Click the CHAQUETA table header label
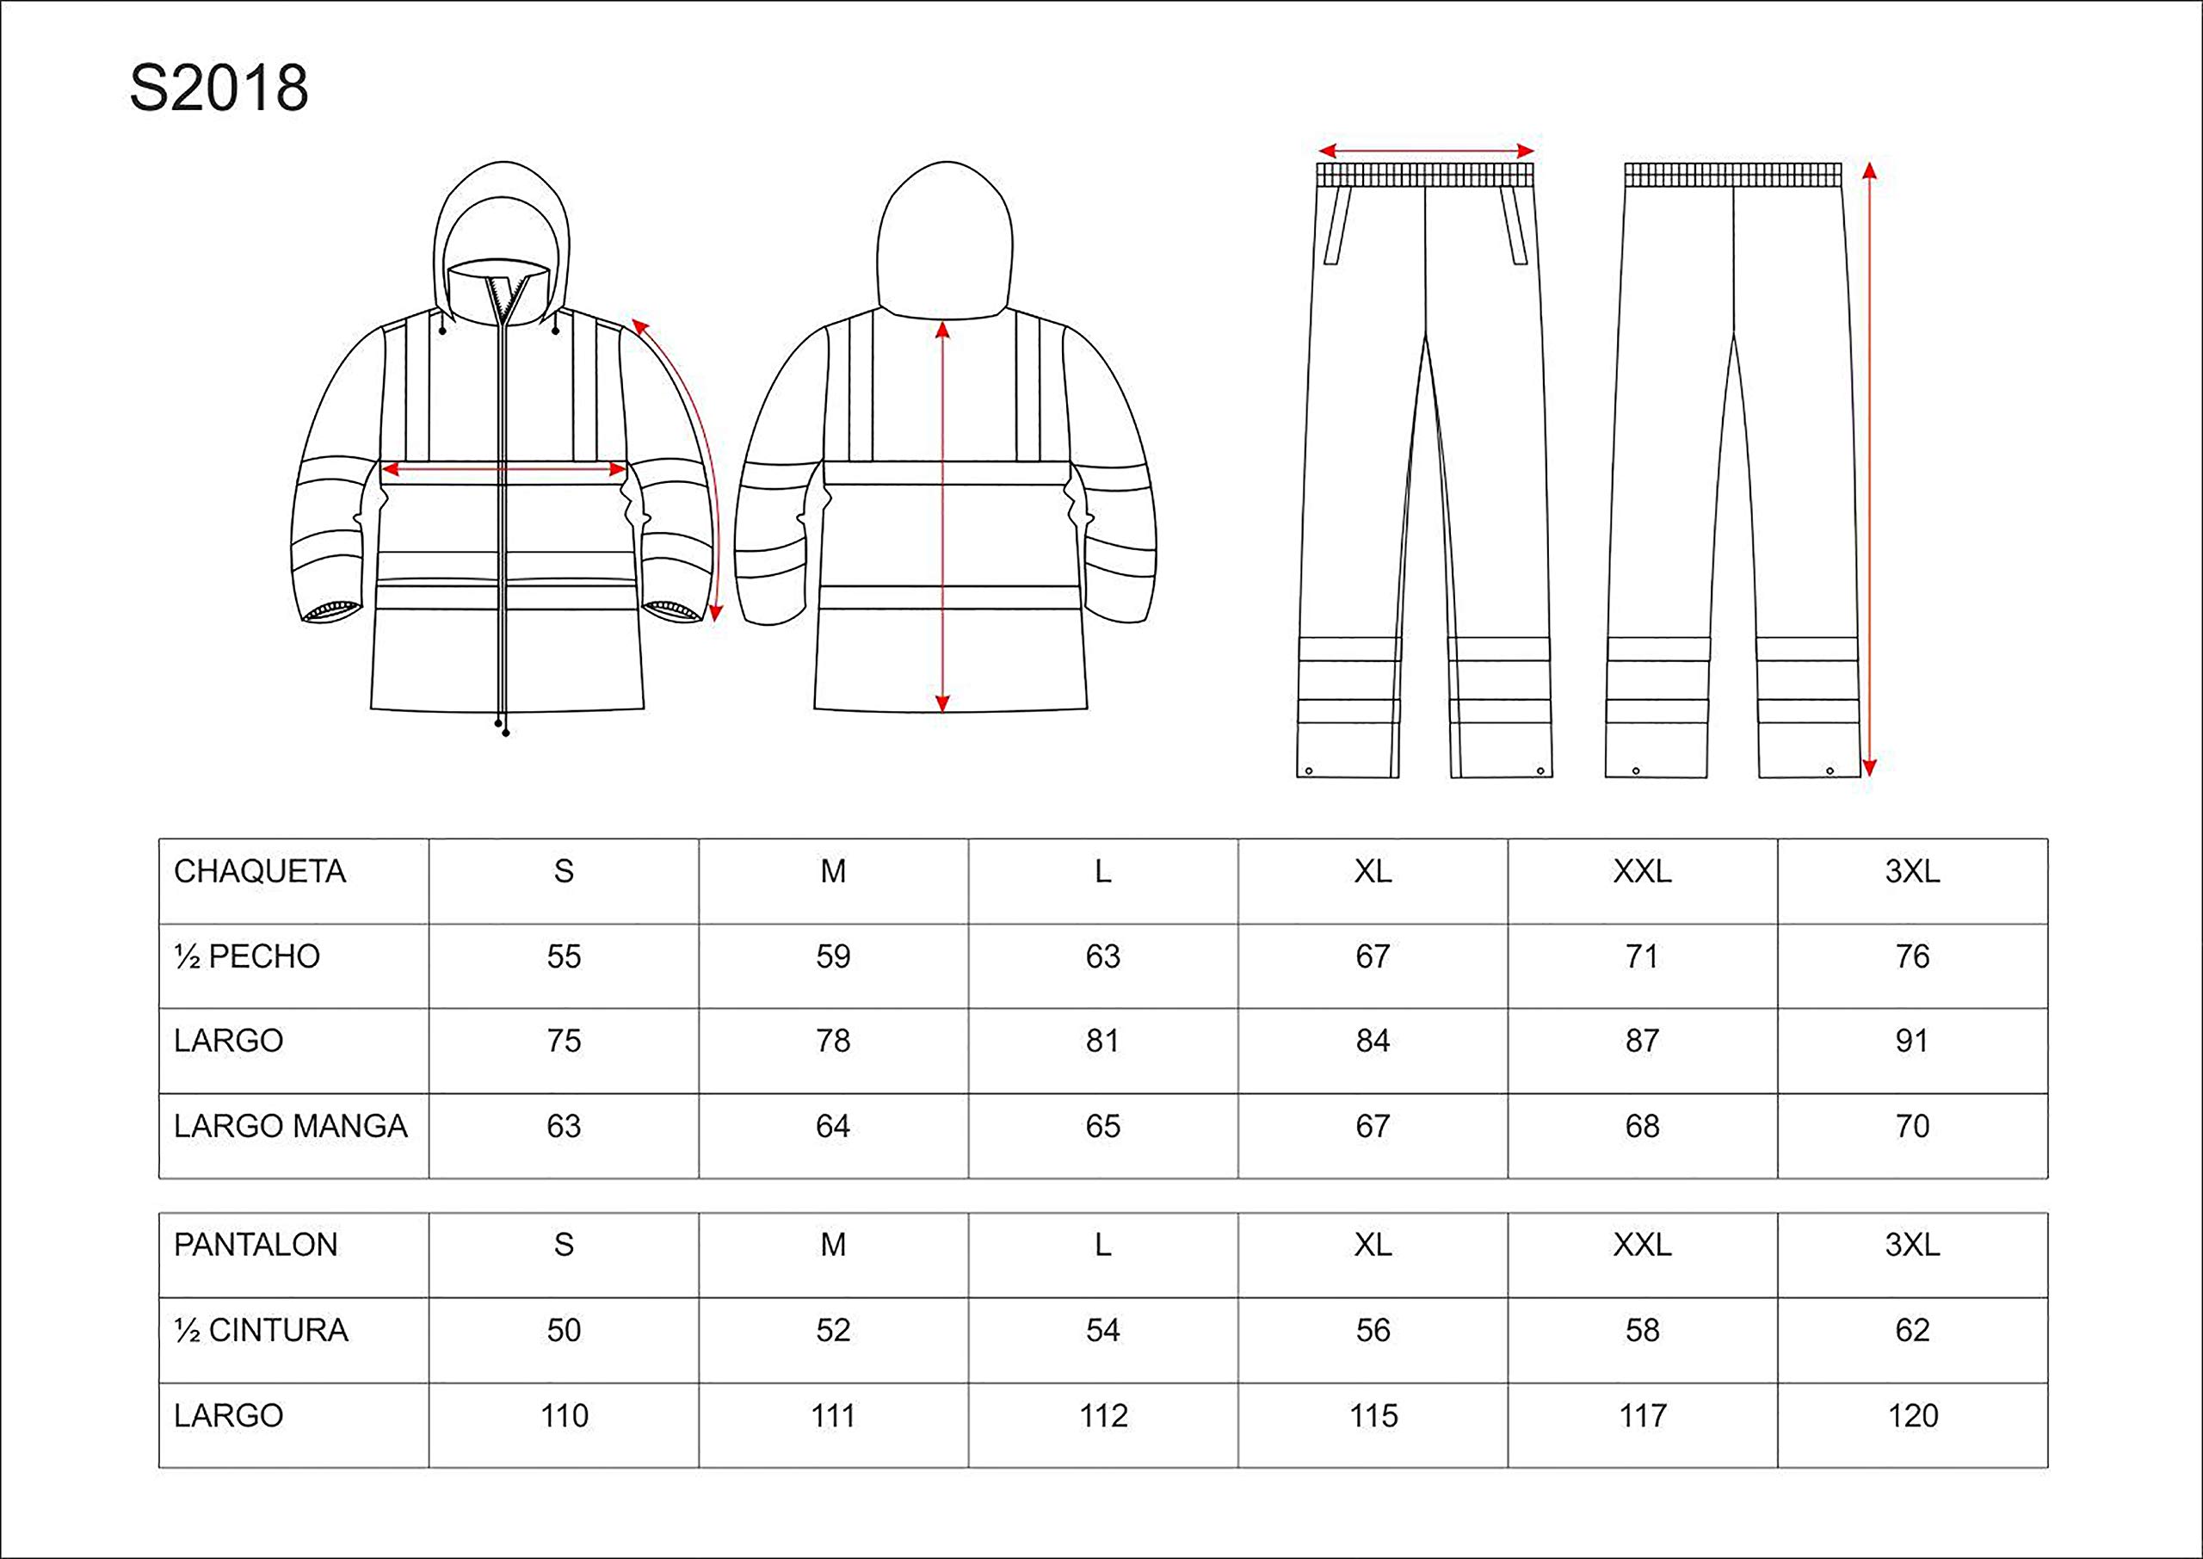pyautogui.click(x=259, y=872)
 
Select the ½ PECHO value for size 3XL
pyautogui.click(x=1912, y=956)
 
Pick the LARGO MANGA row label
pyautogui.click(x=291, y=1126)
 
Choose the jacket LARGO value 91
pyautogui.click(x=1912, y=1041)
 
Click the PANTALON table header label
pyautogui.click(x=256, y=1245)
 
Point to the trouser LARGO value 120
pyautogui.click(x=1912, y=1416)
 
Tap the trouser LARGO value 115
pyautogui.click(x=1373, y=1416)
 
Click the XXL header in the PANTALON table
pyautogui.click(x=1643, y=1245)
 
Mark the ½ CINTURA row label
pyautogui.click(x=261, y=1331)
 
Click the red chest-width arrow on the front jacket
pyautogui.click(x=503, y=469)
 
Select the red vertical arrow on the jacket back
pyautogui.click(x=942, y=517)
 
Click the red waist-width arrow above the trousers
pyautogui.click(x=1426, y=151)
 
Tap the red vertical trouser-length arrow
pyautogui.click(x=1868, y=469)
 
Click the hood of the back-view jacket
pyautogui.click(x=946, y=240)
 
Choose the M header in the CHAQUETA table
pyautogui.click(x=833, y=872)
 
